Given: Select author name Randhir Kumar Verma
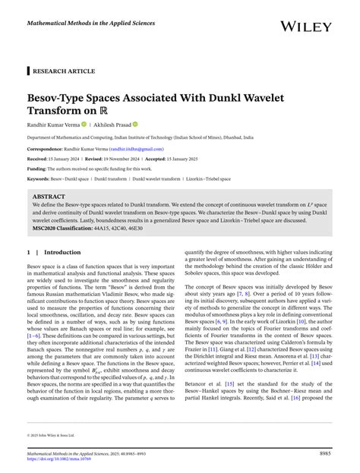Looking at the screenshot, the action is [59, 124].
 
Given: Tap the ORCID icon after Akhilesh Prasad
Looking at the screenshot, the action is [135, 124].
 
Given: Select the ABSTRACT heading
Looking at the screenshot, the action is [49, 197].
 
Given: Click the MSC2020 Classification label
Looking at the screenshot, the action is [68, 226].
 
